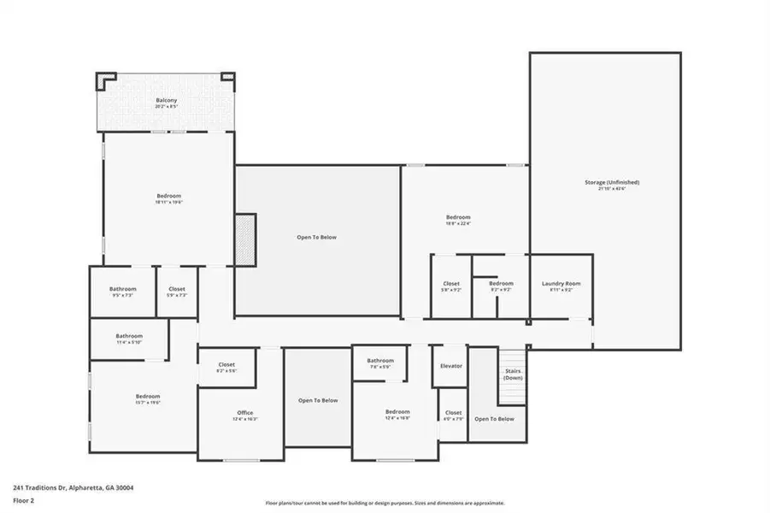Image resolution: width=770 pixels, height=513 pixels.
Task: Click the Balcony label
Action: tap(167, 101)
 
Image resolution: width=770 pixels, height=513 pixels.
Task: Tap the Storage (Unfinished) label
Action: tap(611, 182)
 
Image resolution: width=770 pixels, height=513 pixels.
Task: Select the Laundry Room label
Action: tap(561, 284)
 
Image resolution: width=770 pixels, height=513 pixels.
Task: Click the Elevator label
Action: tap(450, 366)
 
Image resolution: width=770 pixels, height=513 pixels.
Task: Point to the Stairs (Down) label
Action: tap(513, 374)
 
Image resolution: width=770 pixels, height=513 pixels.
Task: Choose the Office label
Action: tap(244, 413)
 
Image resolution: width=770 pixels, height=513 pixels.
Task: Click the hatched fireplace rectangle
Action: tap(245, 239)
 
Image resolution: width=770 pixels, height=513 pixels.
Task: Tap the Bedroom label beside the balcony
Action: tap(168, 196)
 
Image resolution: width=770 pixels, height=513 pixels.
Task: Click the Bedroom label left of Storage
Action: tap(458, 217)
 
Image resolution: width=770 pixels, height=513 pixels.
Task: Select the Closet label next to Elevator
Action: tap(453, 413)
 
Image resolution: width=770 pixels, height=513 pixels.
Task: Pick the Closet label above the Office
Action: tap(226, 366)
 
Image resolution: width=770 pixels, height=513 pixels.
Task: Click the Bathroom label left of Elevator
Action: tap(380, 361)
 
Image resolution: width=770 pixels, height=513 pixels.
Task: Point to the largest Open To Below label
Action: tap(317, 237)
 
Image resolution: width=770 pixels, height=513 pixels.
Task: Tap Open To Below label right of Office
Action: tap(318, 400)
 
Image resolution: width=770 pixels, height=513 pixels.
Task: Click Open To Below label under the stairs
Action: tap(494, 418)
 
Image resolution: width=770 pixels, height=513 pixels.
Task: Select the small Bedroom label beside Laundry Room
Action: tap(501, 284)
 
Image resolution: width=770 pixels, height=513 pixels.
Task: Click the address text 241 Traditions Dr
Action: tap(73, 487)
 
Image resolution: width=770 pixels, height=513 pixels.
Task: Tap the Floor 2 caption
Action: tap(24, 502)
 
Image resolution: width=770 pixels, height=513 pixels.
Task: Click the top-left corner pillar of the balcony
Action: tap(104, 80)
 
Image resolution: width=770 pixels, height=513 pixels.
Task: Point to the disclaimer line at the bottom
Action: tap(385, 503)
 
